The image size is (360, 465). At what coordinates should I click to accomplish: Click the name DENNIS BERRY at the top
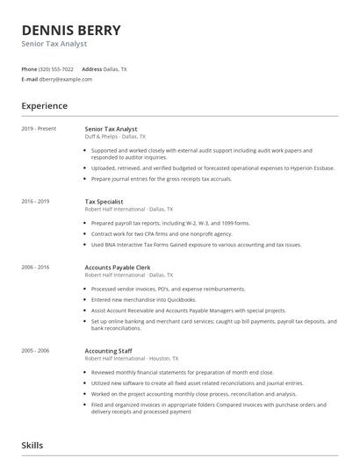72,30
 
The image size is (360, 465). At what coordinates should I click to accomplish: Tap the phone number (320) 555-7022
56,68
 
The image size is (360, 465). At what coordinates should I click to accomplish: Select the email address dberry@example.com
65,79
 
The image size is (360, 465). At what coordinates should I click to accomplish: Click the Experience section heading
45,106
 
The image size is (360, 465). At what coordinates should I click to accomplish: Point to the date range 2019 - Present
39,129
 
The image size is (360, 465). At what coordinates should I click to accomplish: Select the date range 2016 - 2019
36,202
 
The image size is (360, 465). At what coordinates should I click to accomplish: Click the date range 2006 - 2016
36,267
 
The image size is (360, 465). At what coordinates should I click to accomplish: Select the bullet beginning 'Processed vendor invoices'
168,289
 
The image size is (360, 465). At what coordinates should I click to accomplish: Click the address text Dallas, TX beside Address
115,68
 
